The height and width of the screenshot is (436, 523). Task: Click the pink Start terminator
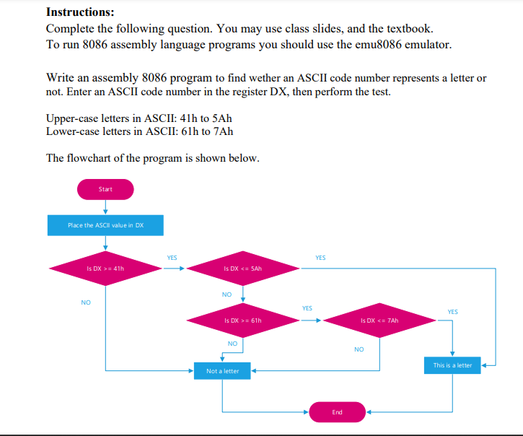[x=105, y=189]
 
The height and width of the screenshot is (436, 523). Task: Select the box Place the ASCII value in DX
[x=105, y=225]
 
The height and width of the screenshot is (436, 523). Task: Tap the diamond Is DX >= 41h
[x=105, y=269]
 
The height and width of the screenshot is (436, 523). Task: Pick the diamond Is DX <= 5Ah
[x=243, y=269]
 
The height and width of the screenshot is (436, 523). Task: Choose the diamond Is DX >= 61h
[x=243, y=320]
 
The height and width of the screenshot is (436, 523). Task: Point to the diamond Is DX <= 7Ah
[x=379, y=320]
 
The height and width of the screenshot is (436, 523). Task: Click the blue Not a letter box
[x=222, y=371]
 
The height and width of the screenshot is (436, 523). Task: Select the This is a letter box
[x=452, y=365]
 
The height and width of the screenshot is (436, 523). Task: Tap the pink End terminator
[x=337, y=412]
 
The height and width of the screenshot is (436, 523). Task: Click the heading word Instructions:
[x=80, y=12]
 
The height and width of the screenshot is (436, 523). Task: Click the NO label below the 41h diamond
[x=86, y=302]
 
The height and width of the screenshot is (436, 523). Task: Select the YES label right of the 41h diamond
[x=172, y=258]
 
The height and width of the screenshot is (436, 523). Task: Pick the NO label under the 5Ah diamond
[x=227, y=295]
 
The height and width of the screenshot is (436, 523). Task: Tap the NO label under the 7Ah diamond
[x=359, y=349]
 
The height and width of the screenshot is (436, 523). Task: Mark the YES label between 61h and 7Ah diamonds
[x=307, y=308]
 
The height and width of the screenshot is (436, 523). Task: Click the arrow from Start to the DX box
[x=105, y=207]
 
